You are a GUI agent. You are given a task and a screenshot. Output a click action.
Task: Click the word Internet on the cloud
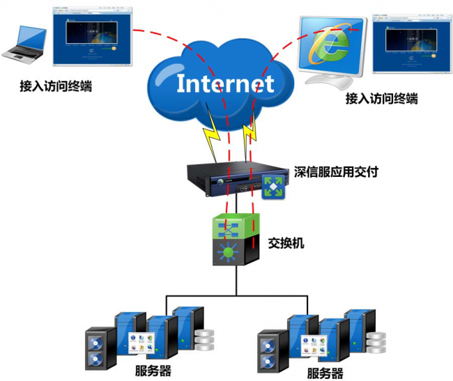[x=224, y=83]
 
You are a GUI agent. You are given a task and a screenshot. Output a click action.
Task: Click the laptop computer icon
[x=25, y=45]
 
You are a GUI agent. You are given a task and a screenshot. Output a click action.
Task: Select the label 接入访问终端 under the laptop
[x=56, y=86]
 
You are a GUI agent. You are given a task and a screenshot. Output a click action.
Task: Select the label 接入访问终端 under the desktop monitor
[x=382, y=99]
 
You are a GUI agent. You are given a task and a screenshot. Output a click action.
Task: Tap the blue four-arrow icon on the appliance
[x=272, y=187]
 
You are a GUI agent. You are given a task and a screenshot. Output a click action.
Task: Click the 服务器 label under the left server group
[x=153, y=370]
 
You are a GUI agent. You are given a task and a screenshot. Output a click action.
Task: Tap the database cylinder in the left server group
[x=205, y=340]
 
